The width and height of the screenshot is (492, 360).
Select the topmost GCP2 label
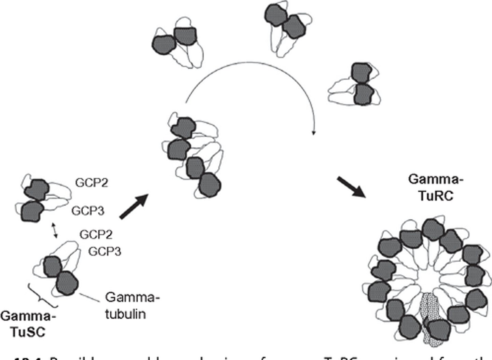pos(92,183)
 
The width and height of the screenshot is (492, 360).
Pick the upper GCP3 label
pos(87,211)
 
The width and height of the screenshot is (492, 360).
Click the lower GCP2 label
pos(96,234)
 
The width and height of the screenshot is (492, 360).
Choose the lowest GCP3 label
pos(105,251)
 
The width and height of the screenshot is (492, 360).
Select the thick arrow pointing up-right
pos(134,206)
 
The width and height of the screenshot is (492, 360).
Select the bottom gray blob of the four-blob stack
pos(210,185)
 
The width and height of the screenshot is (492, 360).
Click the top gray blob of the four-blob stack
pos(183,128)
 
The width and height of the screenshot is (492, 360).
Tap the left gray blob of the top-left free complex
pos(163,44)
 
